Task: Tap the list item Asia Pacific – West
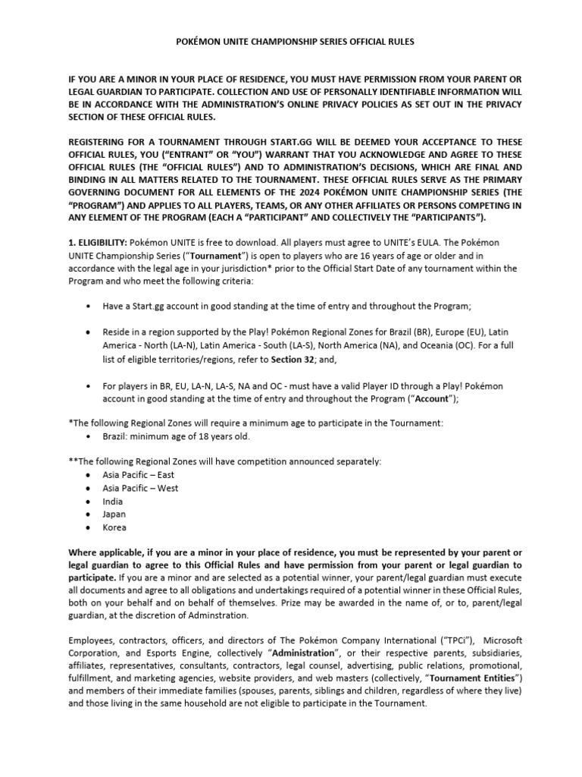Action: [140, 488]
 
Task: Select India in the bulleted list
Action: [113, 502]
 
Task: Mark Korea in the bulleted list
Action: [114, 527]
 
